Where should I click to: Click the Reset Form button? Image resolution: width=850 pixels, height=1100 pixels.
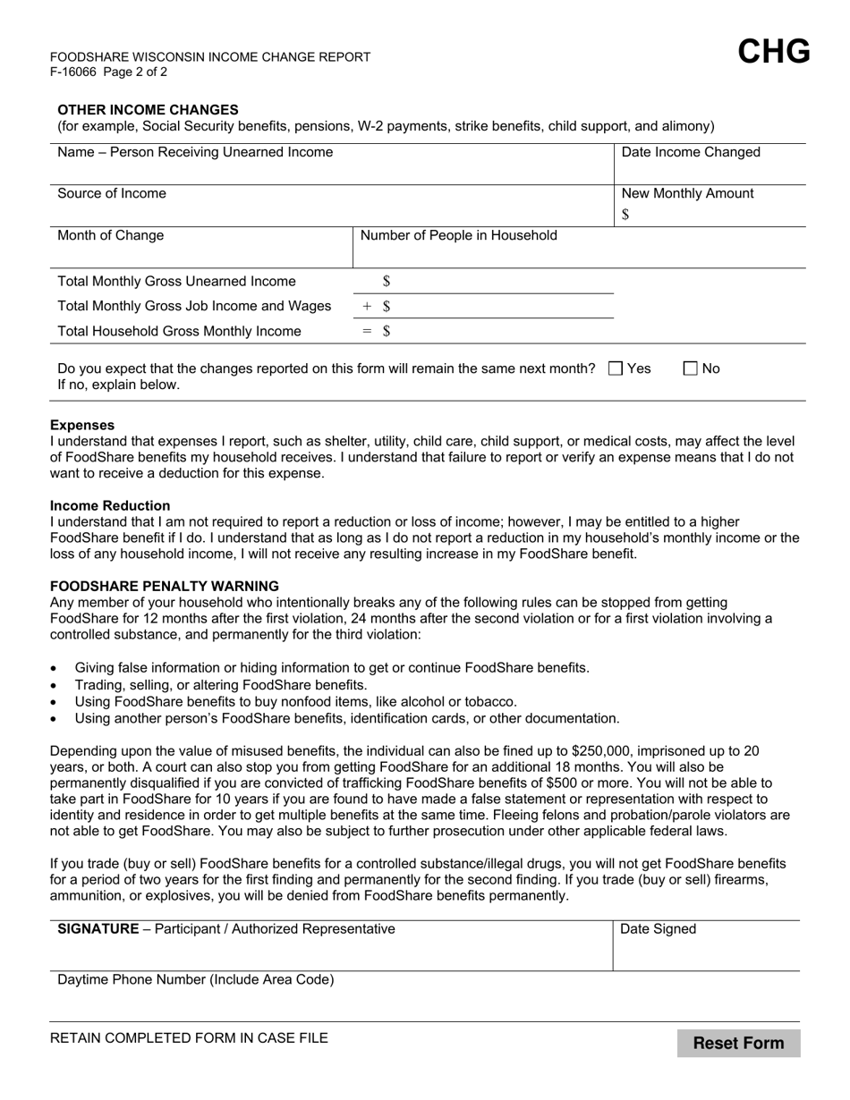pos(738,1043)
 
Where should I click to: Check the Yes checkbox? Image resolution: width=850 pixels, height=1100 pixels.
pos(616,368)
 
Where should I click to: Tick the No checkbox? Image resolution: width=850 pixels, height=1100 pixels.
pos(691,368)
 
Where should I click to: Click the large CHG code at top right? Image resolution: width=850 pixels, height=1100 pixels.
pos(774,52)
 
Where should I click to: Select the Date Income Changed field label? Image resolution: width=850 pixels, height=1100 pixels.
pos(691,152)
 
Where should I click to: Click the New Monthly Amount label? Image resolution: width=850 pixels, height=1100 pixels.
pos(687,193)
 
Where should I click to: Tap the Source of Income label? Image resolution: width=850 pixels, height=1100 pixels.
pos(112,193)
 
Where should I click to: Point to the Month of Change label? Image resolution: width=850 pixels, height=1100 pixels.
pos(111,235)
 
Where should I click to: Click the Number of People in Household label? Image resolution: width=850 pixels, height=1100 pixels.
pos(458,235)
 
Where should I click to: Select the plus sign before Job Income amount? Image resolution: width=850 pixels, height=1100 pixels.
pos(367,306)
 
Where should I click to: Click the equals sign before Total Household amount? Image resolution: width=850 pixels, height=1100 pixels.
pos(367,331)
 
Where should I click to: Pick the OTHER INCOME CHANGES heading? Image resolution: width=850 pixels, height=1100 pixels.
pos(148,109)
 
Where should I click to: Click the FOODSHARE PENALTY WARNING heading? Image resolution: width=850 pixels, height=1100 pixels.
pos(165,586)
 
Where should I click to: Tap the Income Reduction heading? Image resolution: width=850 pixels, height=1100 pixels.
pos(110,505)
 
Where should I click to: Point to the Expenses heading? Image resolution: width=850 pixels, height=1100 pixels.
pos(82,425)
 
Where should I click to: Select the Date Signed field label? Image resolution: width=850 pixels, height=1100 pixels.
pos(659,928)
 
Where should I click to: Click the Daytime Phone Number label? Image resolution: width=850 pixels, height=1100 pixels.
pos(196,979)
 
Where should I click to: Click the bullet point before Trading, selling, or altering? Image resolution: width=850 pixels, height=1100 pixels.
pos(55,685)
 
